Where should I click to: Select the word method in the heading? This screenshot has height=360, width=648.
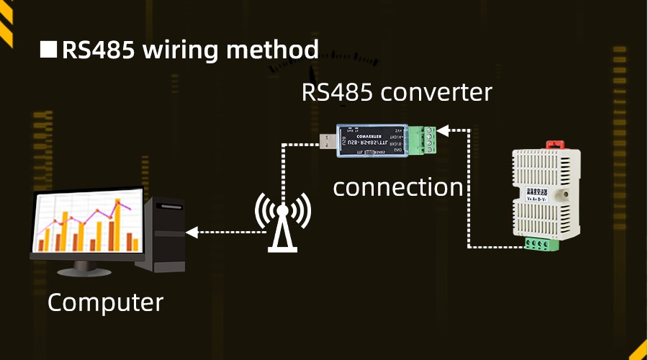[273, 50]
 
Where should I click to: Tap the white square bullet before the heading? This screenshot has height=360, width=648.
[48, 50]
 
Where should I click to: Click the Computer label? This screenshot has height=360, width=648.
[105, 302]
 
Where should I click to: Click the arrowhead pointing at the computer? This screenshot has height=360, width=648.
[192, 232]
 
